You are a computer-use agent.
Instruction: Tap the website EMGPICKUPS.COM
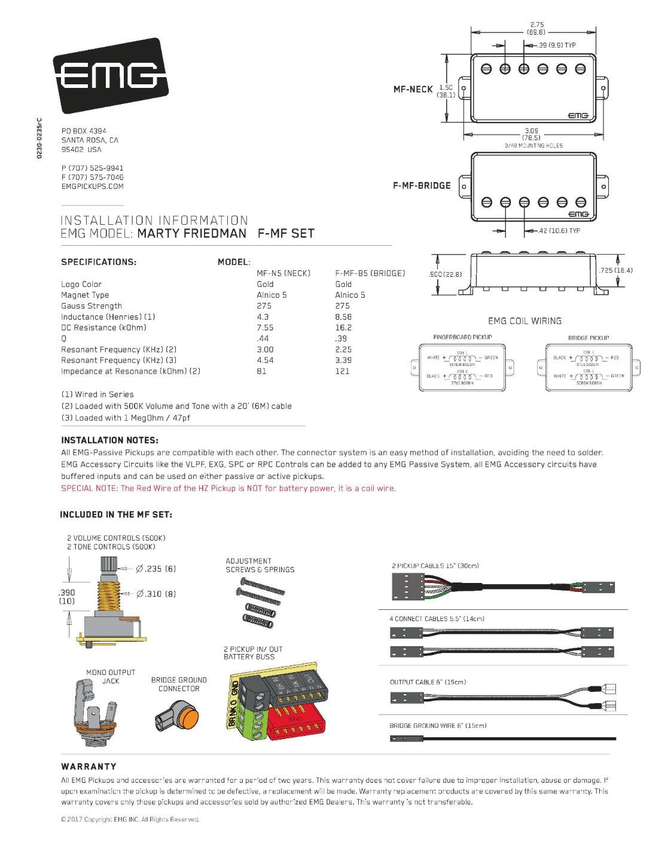93,187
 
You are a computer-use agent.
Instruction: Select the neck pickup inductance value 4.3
263,317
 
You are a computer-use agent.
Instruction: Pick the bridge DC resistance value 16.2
343,328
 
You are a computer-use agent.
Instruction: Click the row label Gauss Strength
91,306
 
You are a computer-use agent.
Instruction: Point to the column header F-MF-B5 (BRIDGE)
370,273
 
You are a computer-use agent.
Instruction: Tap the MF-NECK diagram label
413,89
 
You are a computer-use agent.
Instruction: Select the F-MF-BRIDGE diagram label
422,185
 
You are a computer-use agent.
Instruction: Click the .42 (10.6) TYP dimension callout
559,231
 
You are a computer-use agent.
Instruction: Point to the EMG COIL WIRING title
525,321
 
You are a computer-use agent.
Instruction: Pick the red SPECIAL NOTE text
228,488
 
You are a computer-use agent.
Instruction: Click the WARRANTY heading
89,767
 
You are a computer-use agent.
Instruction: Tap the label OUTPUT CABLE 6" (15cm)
428,682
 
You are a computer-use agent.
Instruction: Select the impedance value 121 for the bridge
342,371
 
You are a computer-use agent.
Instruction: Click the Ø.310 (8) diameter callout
156,594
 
